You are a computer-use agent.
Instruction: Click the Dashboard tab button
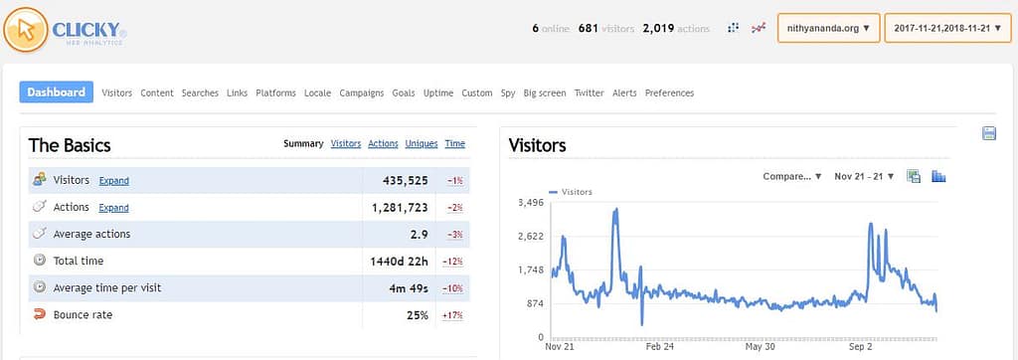point(56,92)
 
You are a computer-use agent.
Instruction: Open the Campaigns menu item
point(361,92)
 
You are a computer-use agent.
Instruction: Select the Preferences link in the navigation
point(669,92)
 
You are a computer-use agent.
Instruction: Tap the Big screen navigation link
point(544,92)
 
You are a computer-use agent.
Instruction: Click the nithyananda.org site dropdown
point(828,29)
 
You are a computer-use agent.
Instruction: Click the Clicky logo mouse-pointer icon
point(25,30)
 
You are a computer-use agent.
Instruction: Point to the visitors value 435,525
point(406,181)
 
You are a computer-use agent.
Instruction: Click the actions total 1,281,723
point(401,207)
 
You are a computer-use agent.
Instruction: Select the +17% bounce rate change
point(452,316)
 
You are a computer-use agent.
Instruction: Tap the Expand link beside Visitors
point(113,181)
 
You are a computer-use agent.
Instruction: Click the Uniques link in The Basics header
point(422,143)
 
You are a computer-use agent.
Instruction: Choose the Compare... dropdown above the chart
point(792,176)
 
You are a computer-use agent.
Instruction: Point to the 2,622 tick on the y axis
point(531,236)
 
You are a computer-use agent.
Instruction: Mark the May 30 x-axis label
point(761,347)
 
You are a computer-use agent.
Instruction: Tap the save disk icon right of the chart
point(989,134)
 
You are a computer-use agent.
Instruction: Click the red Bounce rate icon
point(40,315)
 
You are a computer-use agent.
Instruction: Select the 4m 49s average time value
point(409,288)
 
